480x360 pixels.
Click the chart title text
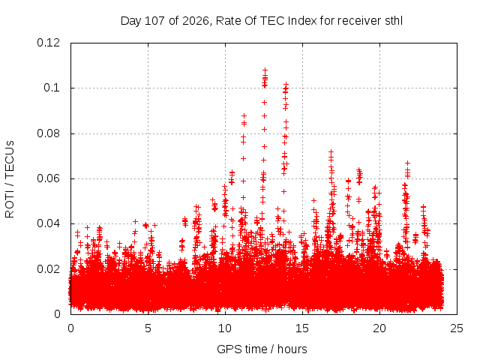(x=262, y=21)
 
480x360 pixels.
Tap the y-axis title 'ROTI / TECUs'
(x=10, y=179)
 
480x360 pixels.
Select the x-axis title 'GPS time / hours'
(x=262, y=349)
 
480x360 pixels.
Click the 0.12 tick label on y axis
(x=48, y=43)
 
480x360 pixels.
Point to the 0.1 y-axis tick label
(x=52, y=88)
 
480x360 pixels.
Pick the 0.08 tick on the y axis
(x=48, y=133)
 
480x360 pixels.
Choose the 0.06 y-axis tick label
(x=48, y=178)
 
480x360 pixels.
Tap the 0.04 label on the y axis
(x=48, y=223)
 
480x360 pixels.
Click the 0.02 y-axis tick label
(x=48, y=269)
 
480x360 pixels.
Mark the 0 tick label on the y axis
(x=57, y=314)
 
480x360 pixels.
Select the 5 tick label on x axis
(x=148, y=328)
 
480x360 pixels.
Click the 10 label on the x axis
(x=225, y=328)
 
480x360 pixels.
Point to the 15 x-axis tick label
(x=302, y=328)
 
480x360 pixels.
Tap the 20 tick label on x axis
(x=379, y=328)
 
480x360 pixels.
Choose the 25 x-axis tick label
(x=457, y=328)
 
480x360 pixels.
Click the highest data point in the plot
(x=265, y=70)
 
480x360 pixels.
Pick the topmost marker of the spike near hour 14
(x=286, y=84)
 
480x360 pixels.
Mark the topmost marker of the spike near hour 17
(x=331, y=151)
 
